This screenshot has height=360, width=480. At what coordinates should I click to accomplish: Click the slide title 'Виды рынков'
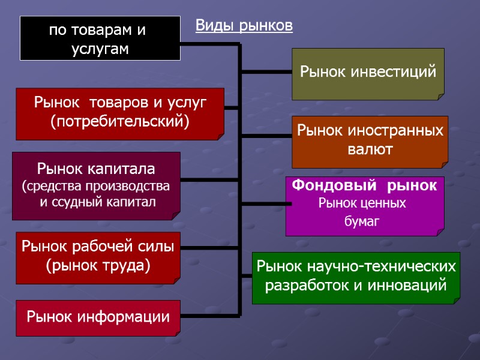click(x=244, y=26)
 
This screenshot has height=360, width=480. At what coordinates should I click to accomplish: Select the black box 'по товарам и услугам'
click(x=100, y=38)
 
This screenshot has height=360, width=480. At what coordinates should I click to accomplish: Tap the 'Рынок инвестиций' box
click(x=368, y=73)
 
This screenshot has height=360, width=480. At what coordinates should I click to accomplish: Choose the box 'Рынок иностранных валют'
click(x=370, y=140)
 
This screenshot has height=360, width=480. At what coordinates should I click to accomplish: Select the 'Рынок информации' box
click(x=98, y=317)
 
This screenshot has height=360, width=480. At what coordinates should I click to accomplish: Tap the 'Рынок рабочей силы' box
click(x=98, y=257)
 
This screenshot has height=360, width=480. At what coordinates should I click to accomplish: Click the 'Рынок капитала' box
click(x=96, y=185)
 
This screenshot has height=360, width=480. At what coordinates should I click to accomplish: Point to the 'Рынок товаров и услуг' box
click(x=120, y=113)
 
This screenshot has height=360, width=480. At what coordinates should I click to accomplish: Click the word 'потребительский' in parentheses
click(x=120, y=122)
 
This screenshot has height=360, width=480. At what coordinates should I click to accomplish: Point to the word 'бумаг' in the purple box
click(x=362, y=221)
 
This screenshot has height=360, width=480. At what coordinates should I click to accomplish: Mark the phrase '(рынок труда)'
click(x=98, y=265)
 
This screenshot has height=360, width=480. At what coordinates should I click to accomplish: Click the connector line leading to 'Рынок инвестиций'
click(x=266, y=73)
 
